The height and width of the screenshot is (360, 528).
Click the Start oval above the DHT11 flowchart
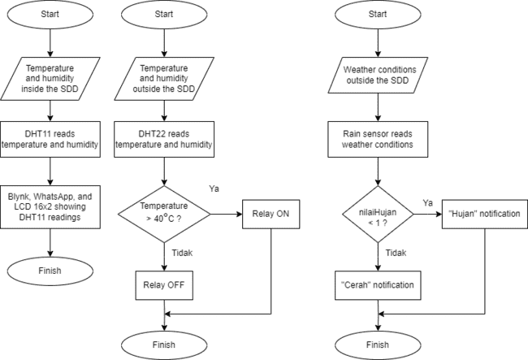[x=50, y=14]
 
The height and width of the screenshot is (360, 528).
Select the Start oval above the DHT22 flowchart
[x=163, y=14]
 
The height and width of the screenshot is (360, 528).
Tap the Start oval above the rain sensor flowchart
[x=378, y=14]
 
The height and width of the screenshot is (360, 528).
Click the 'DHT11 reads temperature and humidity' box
[x=50, y=140]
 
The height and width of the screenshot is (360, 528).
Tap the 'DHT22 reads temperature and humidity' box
[x=163, y=140]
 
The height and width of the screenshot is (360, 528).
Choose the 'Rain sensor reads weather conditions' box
[x=378, y=140]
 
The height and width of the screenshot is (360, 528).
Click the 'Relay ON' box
[x=270, y=215]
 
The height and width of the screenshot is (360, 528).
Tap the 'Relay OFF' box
[x=163, y=284]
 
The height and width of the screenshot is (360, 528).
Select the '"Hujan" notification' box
[x=485, y=215]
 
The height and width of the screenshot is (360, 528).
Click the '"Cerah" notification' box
[x=378, y=284]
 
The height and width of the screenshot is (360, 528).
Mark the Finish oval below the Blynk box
[x=50, y=270]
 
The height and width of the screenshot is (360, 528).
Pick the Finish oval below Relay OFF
[x=163, y=345]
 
